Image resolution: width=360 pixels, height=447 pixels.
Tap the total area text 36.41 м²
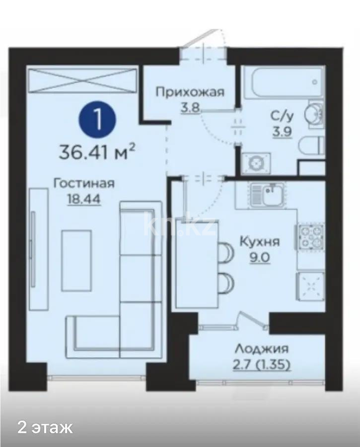click(x=97, y=151)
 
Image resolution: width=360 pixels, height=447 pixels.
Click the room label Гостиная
click(x=84, y=183)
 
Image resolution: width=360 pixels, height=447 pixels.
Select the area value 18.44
click(x=84, y=199)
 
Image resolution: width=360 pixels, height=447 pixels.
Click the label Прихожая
click(x=190, y=92)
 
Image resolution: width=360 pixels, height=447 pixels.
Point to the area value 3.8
click(x=190, y=107)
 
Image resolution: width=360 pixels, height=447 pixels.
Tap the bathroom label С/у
click(x=282, y=116)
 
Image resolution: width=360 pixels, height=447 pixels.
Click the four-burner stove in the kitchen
click(x=310, y=236)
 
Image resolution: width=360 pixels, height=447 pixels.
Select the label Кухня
click(x=259, y=242)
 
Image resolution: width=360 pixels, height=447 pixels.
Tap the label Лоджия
click(x=262, y=349)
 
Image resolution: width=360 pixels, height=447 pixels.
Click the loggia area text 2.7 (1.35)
click(x=262, y=365)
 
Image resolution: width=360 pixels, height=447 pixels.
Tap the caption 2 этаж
click(x=45, y=427)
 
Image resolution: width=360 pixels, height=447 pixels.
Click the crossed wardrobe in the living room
click(x=82, y=80)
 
